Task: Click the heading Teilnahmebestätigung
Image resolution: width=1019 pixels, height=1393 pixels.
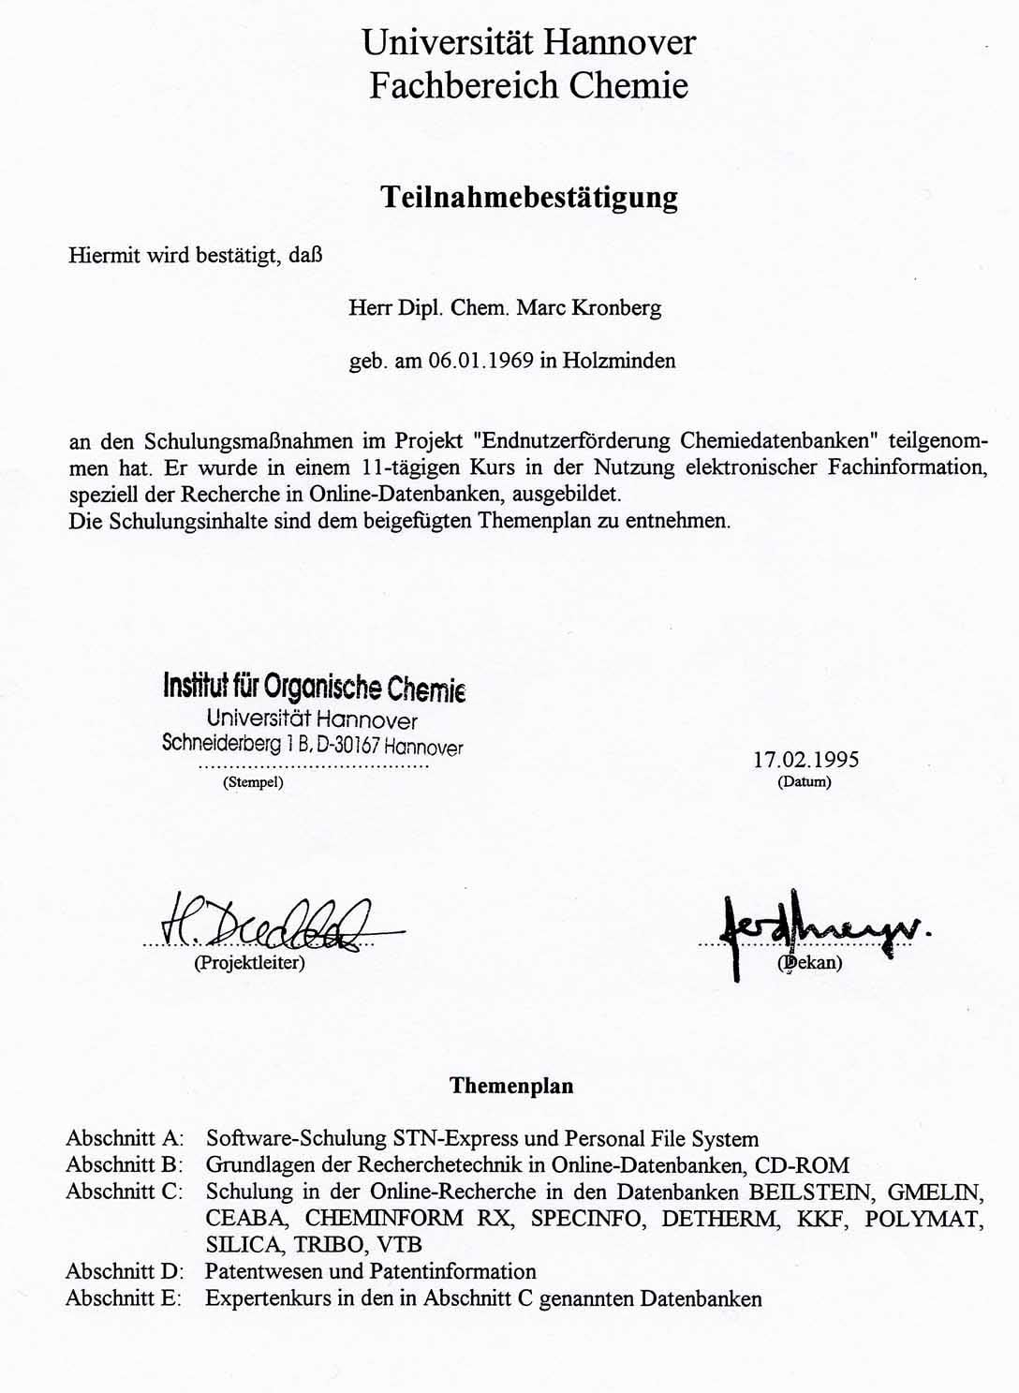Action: (x=528, y=198)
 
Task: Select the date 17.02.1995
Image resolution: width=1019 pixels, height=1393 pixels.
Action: (x=805, y=759)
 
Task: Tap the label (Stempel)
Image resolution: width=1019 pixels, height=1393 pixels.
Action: (x=253, y=783)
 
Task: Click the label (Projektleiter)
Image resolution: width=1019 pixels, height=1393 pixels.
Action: (x=249, y=963)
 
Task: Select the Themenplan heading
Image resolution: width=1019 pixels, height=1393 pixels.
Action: (x=511, y=1086)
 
